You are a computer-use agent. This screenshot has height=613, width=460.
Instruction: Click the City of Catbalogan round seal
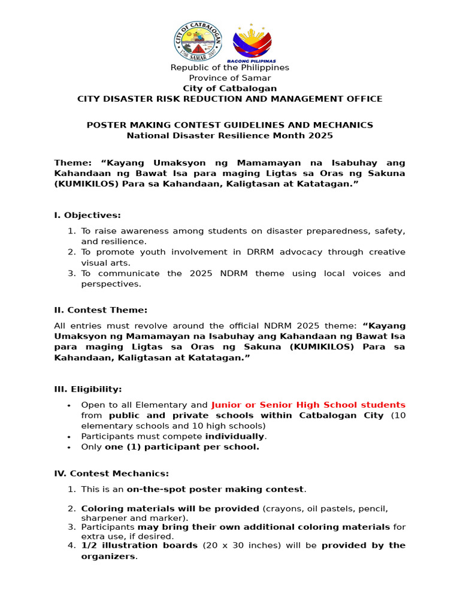[x=198, y=42]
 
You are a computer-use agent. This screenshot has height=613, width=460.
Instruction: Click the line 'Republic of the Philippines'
[x=230, y=68]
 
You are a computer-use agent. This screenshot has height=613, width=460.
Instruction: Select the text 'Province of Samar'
[x=230, y=78]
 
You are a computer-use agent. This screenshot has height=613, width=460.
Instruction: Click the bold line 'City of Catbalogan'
[x=230, y=89]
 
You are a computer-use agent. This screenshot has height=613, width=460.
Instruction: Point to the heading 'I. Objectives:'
[x=87, y=215]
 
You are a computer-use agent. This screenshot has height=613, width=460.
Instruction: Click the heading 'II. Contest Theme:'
[x=101, y=310]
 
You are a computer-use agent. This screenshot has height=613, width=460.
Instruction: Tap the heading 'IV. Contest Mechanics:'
[x=111, y=474]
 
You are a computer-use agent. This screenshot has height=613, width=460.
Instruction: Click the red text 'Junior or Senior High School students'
[x=308, y=405]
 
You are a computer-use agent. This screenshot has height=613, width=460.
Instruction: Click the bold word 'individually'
[x=235, y=436]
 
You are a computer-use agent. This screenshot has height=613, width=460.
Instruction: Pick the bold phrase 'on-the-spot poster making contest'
[x=215, y=490]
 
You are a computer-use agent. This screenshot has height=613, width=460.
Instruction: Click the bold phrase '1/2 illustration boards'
[x=139, y=545]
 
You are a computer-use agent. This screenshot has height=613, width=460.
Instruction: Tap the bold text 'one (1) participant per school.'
[x=182, y=447]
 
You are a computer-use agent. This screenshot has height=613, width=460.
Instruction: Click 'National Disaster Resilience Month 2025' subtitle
[x=230, y=135]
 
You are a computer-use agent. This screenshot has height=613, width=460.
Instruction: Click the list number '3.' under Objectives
[x=71, y=274]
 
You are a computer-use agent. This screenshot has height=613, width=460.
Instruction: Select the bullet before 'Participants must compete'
[x=70, y=437]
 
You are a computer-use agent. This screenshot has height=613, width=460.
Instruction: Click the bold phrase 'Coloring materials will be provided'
[x=170, y=509]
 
